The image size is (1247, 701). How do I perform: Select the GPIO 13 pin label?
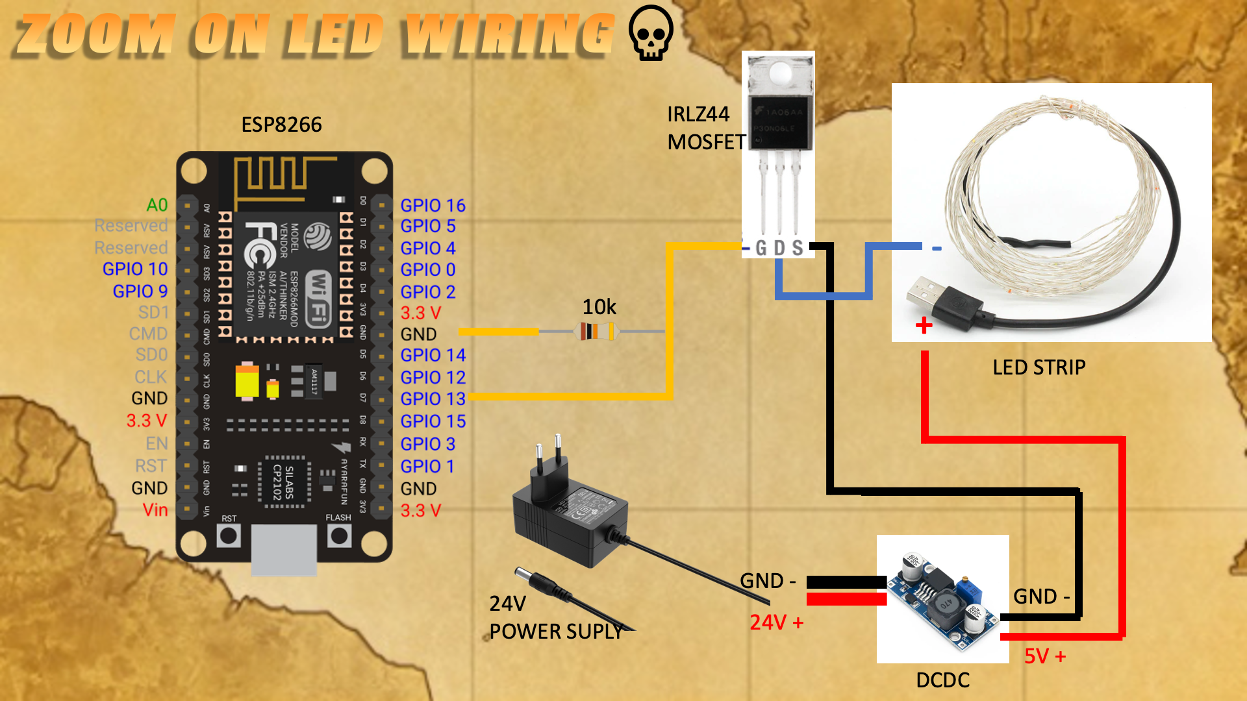[x=433, y=399]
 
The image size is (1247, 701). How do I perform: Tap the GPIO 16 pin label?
[x=433, y=205]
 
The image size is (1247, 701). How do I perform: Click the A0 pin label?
[x=157, y=205]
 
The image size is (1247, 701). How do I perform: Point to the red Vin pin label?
[x=155, y=510]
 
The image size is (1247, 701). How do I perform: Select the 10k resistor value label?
[x=599, y=306]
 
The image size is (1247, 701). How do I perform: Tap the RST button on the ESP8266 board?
[x=229, y=535]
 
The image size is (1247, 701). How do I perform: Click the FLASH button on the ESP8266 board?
[x=339, y=535]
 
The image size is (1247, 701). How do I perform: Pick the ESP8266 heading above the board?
[x=281, y=124]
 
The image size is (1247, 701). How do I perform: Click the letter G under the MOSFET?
[x=761, y=248]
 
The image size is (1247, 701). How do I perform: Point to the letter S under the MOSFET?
[x=798, y=248]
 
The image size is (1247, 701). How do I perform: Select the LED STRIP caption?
[x=1039, y=367]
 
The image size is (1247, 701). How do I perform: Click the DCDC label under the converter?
[x=942, y=680]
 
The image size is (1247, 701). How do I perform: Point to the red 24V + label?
[x=776, y=622]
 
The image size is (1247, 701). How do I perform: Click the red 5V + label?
[x=1044, y=656]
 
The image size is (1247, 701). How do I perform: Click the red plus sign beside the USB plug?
[x=924, y=325]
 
